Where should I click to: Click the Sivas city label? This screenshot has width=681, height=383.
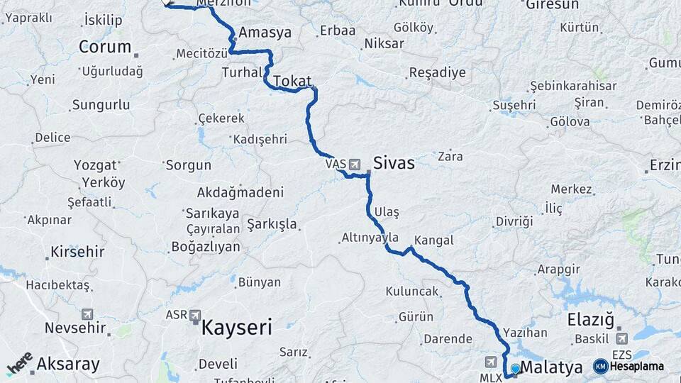(394, 162)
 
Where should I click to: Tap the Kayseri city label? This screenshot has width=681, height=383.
(237, 328)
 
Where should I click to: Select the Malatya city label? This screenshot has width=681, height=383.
(551, 367)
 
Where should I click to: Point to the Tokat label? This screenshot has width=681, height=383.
(292, 80)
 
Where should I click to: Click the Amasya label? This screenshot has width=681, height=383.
(265, 33)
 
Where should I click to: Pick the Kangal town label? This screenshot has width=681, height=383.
(433, 240)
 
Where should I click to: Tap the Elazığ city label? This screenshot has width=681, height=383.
(590, 320)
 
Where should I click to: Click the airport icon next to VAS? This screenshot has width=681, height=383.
(354, 165)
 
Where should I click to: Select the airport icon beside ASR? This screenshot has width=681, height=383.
(194, 314)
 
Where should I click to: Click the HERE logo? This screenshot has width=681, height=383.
(20, 362)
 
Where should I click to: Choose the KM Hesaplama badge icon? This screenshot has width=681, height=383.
(600, 366)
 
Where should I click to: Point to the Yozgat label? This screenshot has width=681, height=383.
(94, 165)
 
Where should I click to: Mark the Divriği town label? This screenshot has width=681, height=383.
(514, 221)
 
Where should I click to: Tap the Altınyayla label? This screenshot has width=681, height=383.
(370, 238)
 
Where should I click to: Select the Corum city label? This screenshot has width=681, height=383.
(105, 48)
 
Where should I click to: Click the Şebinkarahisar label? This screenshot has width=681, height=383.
(573, 86)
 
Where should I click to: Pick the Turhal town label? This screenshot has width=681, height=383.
(242, 72)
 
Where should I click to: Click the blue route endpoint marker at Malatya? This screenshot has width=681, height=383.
(515, 369)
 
